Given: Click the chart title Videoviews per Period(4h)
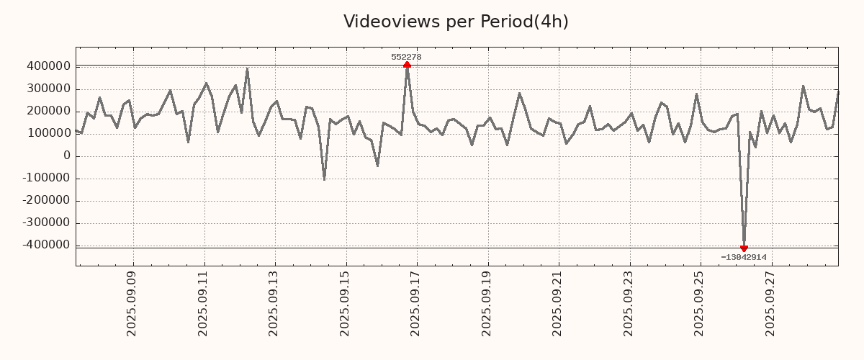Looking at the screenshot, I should tap(456, 22).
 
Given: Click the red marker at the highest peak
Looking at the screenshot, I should tap(407, 65).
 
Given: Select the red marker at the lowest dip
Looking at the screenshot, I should tap(744, 248).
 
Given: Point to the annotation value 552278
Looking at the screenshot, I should tap(406, 57).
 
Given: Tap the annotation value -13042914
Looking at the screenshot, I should tap(743, 257).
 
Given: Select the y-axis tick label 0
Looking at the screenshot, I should tap(67, 156).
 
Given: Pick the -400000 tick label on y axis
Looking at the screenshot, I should tap(46, 245).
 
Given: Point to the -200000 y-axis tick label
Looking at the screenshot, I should tap(46, 200).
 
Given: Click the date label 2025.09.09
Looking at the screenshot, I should tap(132, 303).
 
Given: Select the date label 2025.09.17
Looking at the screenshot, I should tap(416, 303).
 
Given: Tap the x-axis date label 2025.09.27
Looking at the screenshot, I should tap(771, 303).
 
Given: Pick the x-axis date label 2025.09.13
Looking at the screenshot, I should tap(274, 303).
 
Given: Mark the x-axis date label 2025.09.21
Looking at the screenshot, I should tap(558, 303).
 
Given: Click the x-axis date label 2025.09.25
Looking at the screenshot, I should tap(700, 303).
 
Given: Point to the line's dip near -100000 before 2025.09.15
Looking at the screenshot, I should tap(324, 179).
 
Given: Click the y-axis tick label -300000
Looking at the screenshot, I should tap(46, 222).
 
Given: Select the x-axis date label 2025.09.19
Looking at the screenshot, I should tap(487, 303).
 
